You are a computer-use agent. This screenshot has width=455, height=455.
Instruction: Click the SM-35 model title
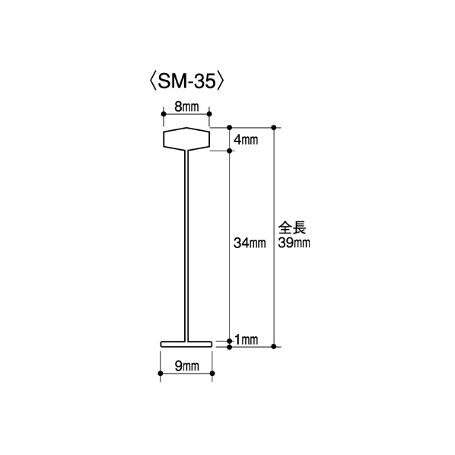point(187,81)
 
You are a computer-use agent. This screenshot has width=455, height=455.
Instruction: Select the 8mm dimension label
point(186,107)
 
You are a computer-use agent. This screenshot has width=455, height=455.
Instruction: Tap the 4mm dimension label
point(246,140)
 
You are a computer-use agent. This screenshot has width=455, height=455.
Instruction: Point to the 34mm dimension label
point(250,243)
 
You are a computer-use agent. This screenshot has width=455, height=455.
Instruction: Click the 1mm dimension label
point(246,339)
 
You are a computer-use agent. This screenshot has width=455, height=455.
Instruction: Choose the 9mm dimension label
point(187,367)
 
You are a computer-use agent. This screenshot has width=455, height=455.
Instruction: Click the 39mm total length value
point(294,243)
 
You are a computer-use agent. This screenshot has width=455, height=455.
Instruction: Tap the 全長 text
point(292,228)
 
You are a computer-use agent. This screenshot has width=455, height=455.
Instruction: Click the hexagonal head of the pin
point(186,139)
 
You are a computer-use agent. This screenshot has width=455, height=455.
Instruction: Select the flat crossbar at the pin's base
point(186,344)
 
